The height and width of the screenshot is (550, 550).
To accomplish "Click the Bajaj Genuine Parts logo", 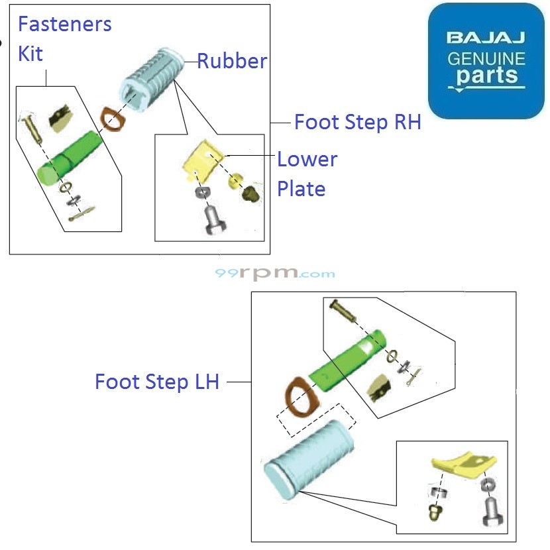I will pyautogui.click(x=486, y=61).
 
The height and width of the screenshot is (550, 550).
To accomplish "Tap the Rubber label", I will pyautogui.click(x=232, y=62).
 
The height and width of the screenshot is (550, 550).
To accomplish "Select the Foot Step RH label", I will pyautogui.click(x=357, y=123).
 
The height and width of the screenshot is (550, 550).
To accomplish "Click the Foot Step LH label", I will pyautogui.click(x=156, y=382).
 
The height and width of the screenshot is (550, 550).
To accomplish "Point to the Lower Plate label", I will pyautogui.click(x=306, y=174).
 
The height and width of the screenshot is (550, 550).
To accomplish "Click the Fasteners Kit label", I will pyautogui.click(x=64, y=39).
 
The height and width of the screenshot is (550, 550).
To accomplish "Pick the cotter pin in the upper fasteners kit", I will pyautogui.click(x=82, y=213).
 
